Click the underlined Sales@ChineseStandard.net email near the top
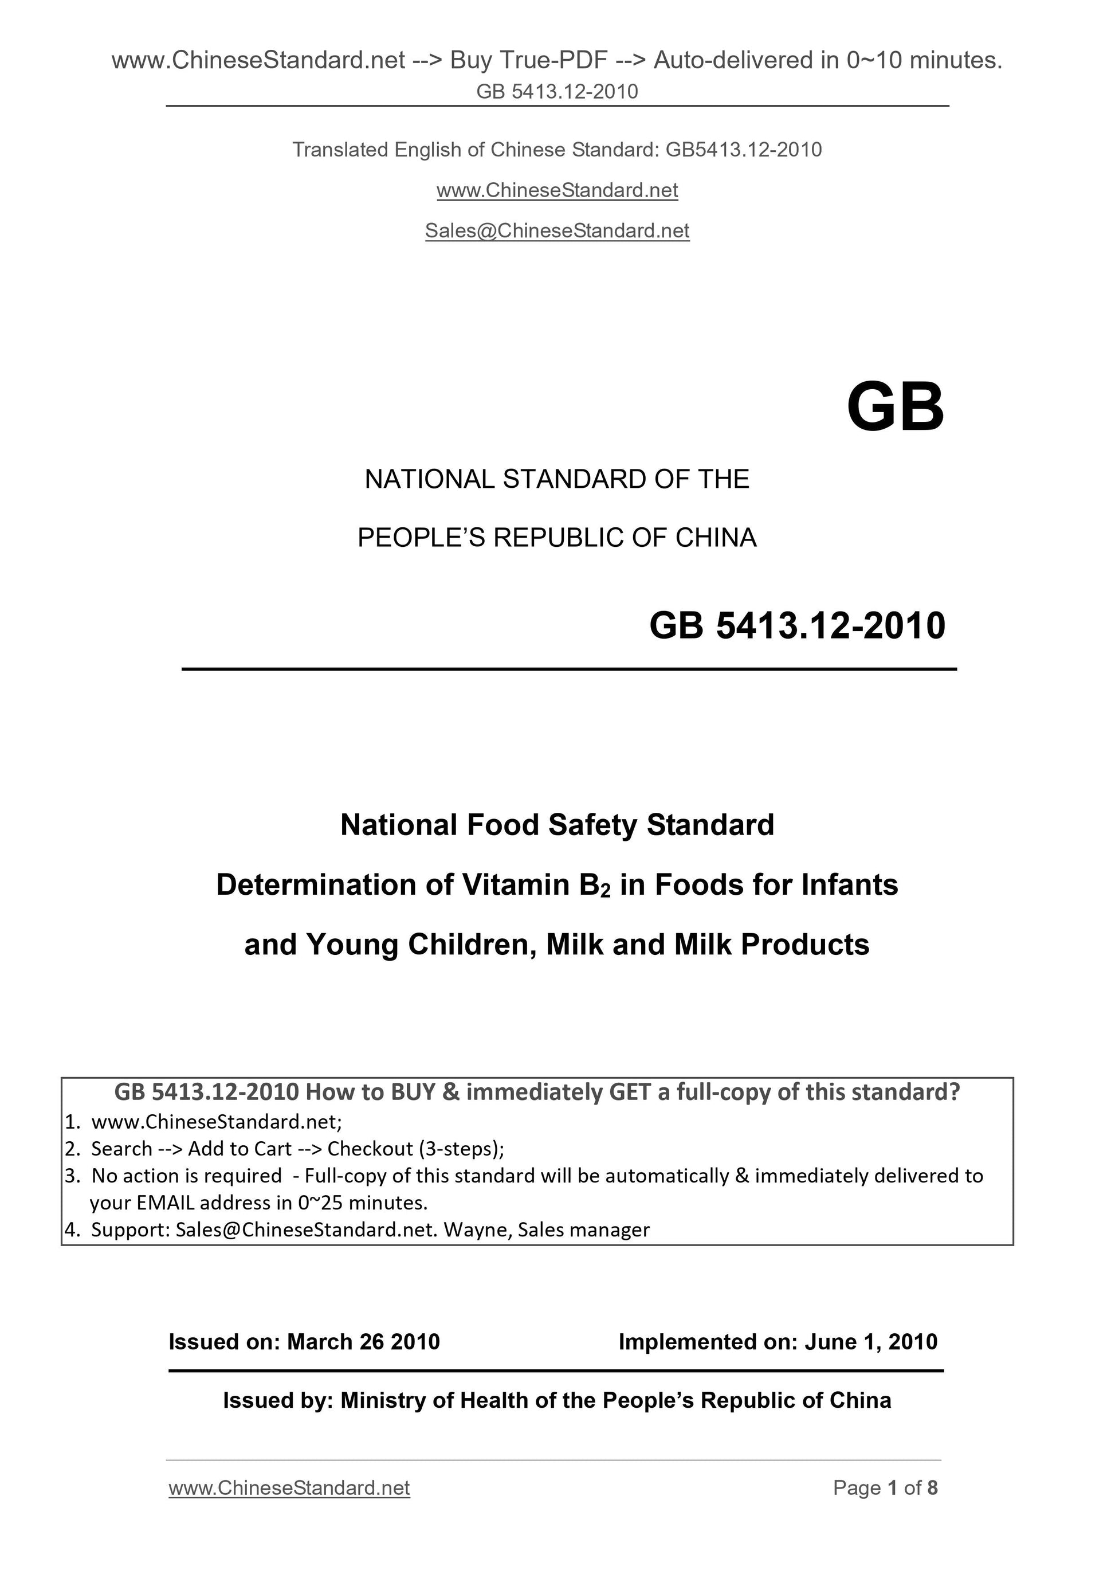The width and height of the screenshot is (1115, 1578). point(557,231)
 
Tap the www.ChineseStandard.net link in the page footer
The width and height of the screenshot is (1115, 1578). point(289,1488)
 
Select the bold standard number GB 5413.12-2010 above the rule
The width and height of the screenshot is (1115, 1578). point(797,625)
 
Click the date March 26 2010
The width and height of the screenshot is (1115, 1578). point(363,1342)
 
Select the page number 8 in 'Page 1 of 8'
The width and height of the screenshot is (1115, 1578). point(932,1488)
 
